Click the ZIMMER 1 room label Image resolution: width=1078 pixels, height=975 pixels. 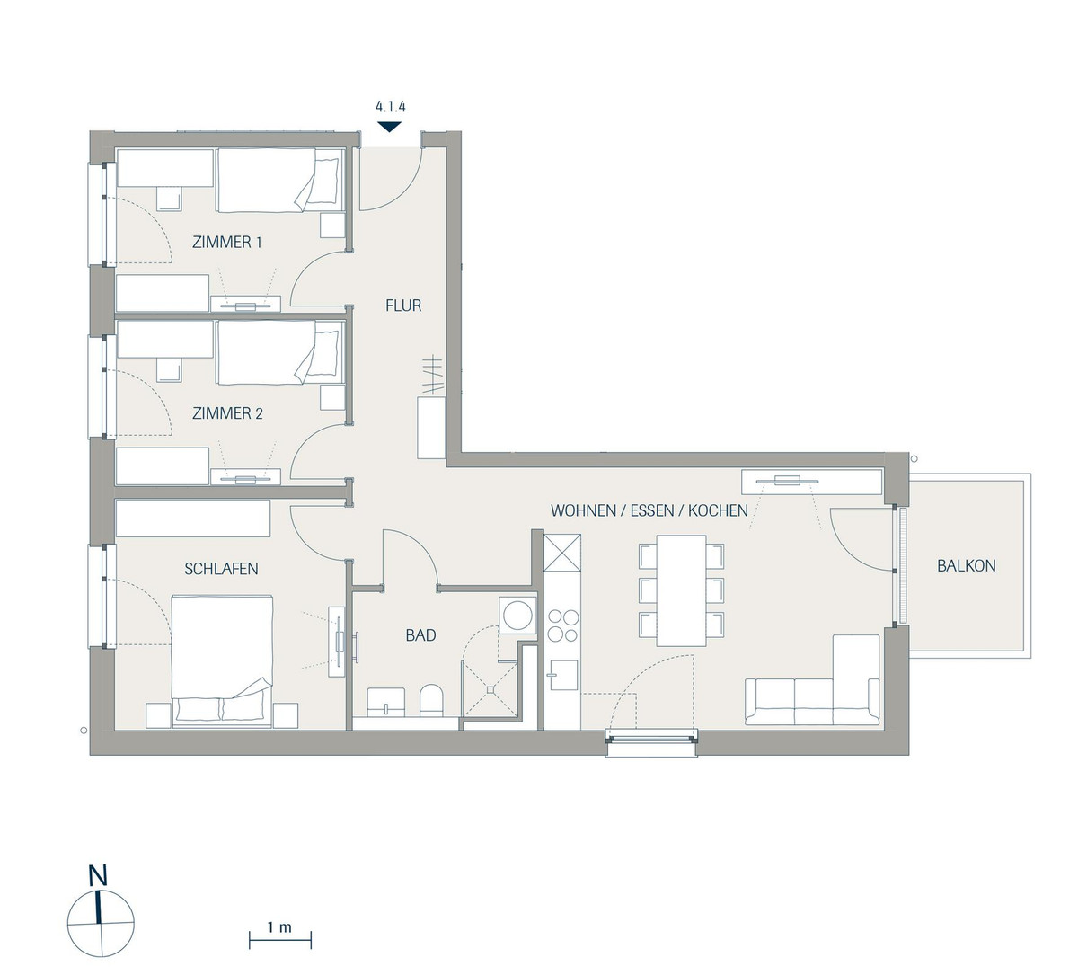point(226,243)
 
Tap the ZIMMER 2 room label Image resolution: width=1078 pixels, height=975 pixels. point(227,413)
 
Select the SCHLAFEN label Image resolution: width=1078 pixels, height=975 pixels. point(221,569)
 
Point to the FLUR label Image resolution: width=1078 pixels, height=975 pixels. point(403,306)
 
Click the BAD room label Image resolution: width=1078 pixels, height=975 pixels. point(420,635)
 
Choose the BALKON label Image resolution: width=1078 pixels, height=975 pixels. point(967,566)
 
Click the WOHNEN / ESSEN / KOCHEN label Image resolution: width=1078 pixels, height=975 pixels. point(649,510)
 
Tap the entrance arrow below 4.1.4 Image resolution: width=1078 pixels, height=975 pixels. point(389,128)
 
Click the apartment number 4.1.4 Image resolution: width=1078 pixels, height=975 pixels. point(390,106)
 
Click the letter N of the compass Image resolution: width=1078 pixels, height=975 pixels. point(98,876)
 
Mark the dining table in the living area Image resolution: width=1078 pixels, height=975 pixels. point(681,590)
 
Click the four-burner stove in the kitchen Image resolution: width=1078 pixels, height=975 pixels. point(562,625)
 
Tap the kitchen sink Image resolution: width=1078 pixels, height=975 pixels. point(561,675)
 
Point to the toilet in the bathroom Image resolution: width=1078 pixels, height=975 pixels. point(430,701)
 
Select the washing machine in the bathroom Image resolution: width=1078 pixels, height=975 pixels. point(517,615)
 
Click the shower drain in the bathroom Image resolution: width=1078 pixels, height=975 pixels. point(490,689)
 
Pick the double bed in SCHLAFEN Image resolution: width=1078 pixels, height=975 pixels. point(221,661)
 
